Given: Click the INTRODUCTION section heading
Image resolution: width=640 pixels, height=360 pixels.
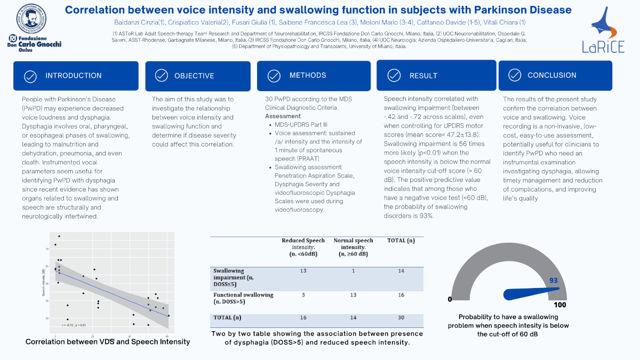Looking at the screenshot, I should tap(73, 76).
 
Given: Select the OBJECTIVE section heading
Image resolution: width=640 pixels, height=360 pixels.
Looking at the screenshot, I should tap(194, 76).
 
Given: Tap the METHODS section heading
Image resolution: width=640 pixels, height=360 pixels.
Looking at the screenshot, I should tap(308, 75).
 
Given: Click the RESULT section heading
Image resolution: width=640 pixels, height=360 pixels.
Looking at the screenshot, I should tap(423, 76).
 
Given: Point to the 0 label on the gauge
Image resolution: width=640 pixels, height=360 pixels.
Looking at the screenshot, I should tap(450, 299).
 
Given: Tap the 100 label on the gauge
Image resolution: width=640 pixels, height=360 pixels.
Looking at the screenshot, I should tap(559, 305).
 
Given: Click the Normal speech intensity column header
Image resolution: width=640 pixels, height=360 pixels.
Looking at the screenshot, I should tap(353, 247).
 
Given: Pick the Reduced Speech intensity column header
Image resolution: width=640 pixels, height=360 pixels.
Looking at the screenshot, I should tap(303, 247).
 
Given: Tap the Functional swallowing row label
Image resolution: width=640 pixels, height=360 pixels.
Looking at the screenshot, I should tap(243, 298).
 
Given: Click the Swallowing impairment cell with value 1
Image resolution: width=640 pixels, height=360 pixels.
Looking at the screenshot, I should tap(353, 271).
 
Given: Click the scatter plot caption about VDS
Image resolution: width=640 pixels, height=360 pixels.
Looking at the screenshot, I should tap(108, 341).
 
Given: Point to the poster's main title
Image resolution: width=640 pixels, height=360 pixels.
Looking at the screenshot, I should tap(318, 10).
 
